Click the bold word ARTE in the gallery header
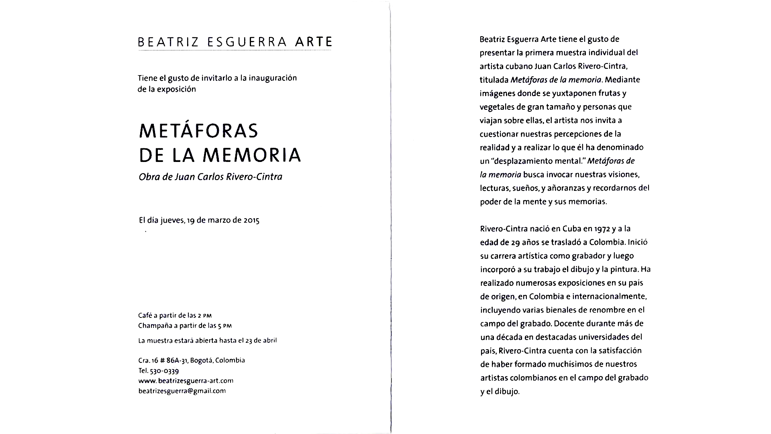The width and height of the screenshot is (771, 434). tap(313, 42)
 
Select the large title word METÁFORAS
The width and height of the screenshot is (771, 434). tap(198, 131)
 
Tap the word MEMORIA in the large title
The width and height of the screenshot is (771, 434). tap(252, 156)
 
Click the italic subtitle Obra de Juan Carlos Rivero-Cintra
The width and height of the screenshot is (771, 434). tap(210, 177)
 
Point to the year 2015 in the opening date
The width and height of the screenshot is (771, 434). tap(251, 220)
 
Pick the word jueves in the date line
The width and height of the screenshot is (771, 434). tap(172, 220)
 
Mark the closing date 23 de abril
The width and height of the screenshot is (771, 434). tap(261, 340)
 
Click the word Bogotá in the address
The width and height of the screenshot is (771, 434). tap(201, 360)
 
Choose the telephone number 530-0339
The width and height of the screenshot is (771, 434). tap(164, 371)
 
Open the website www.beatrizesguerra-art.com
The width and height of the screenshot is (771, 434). tap(186, 381)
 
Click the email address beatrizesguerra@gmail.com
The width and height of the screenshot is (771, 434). tap(182, 391)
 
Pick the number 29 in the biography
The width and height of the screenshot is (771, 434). tap(516, 242)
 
